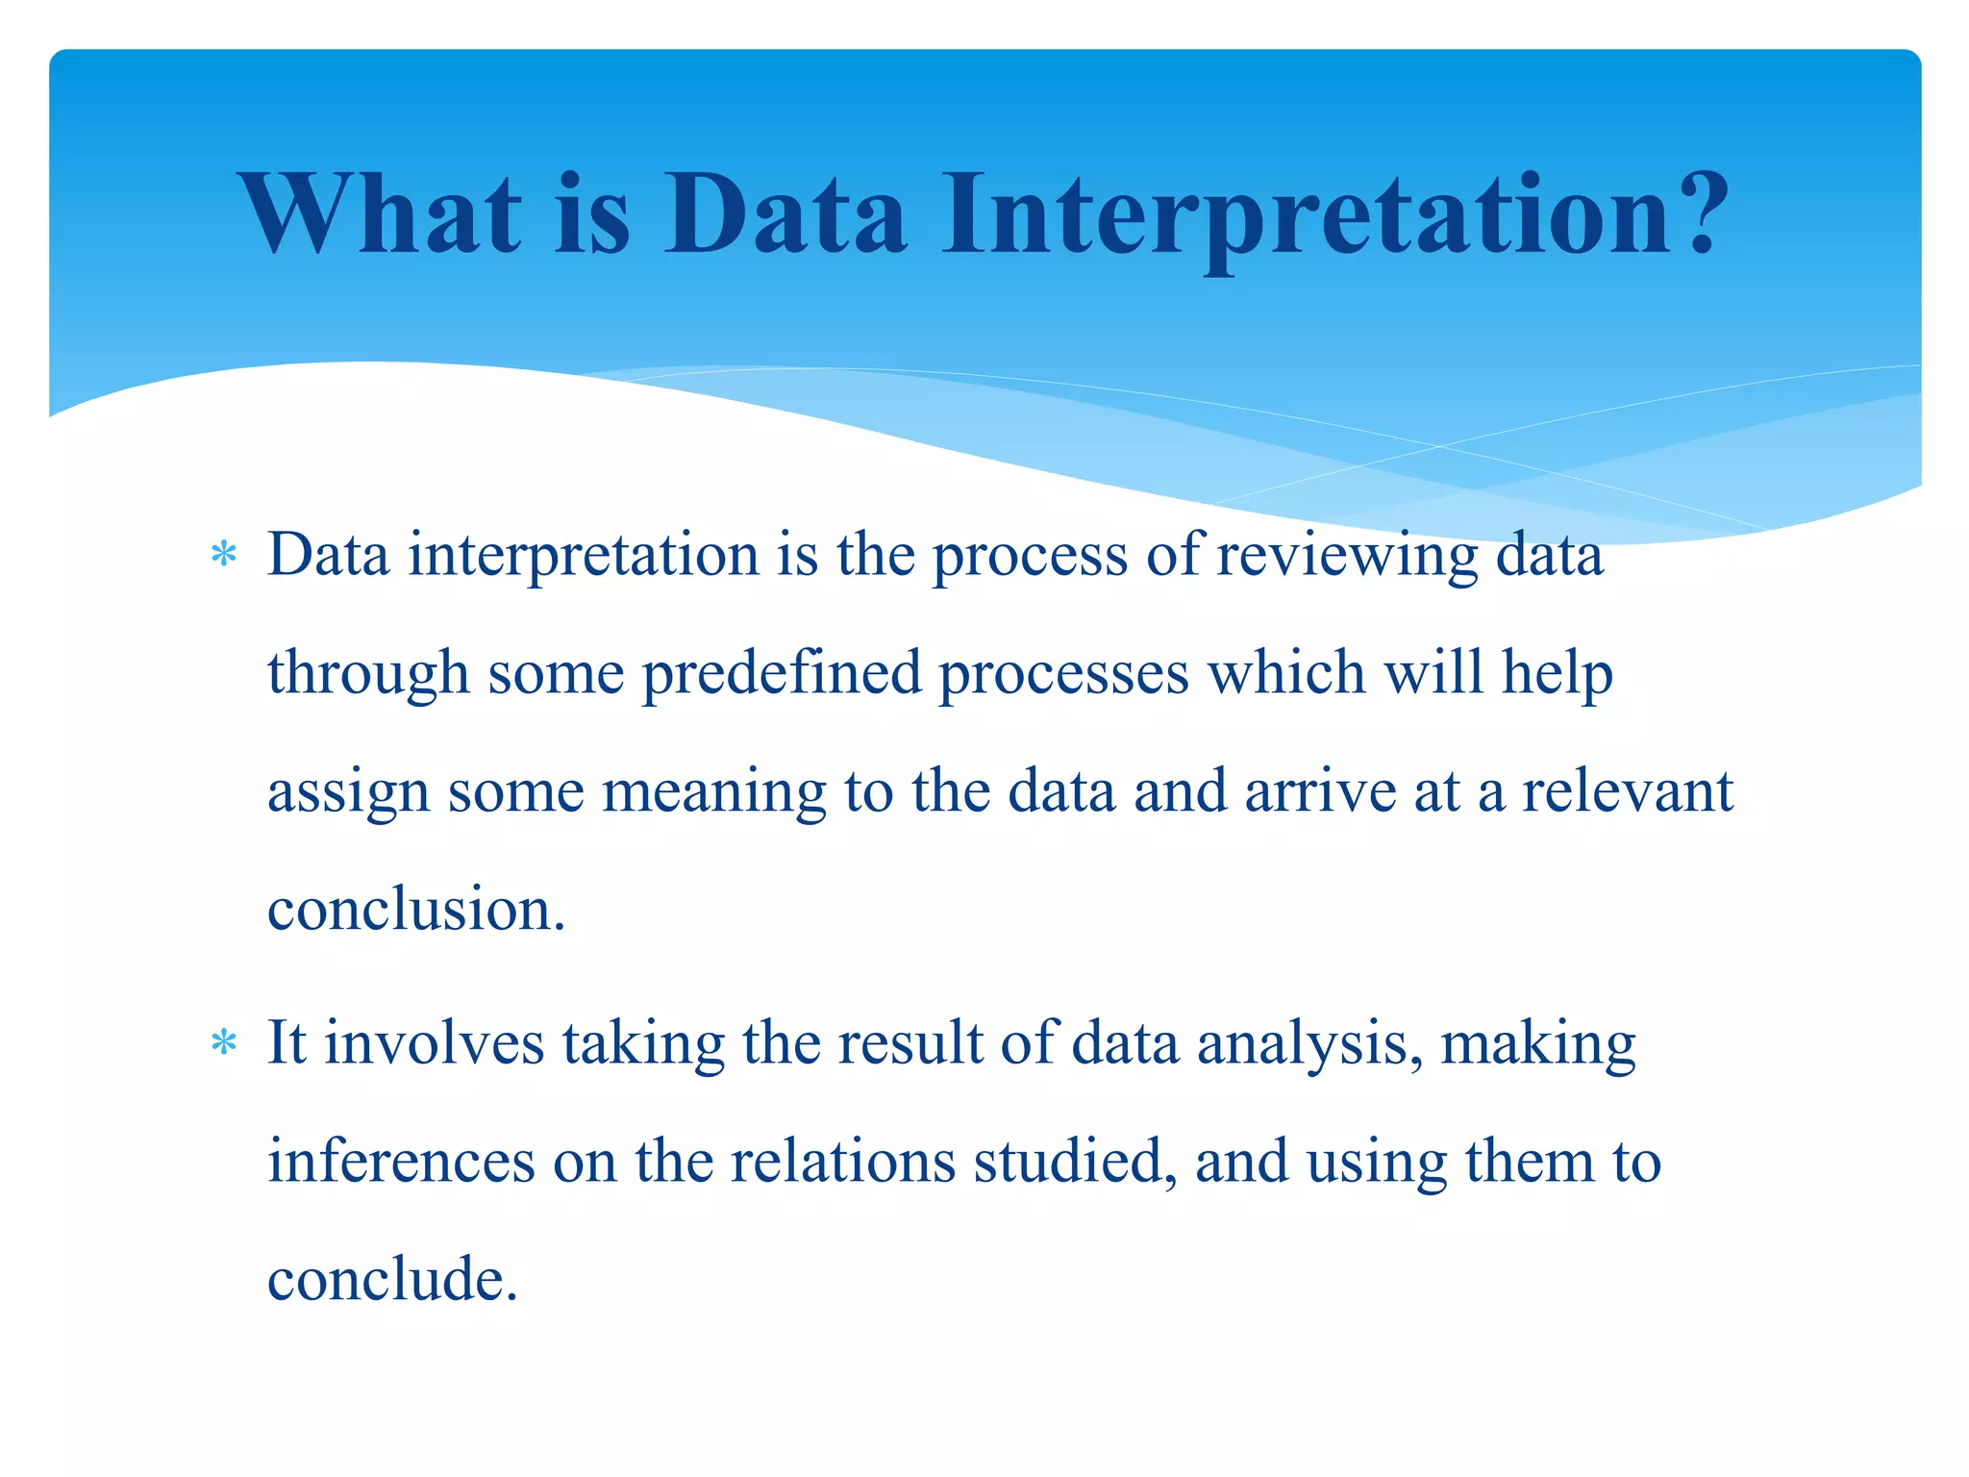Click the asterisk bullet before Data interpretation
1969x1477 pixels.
tap(223, 556)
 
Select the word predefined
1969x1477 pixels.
tap(781, 675)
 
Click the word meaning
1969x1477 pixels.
tap(713, 794)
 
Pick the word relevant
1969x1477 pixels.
tap(1627, 792)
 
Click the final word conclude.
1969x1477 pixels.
tap(392, 1281)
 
